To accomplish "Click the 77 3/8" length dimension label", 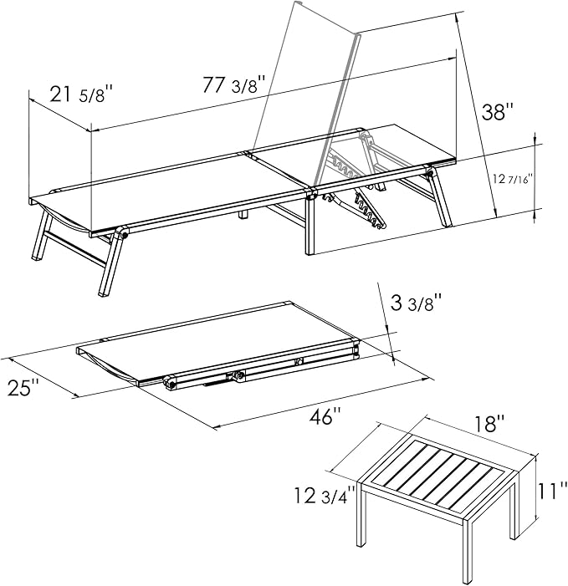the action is pyautogui.click(x=234, y=84).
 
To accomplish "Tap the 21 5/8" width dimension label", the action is pyautogui.click(x=81, y=94).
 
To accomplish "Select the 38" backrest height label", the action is pyautogui.click(x=498, y=112).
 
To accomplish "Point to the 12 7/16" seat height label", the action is pyautogui.click(x=512, y=180).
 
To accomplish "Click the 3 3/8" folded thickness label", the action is pyautogui.click(x=417, y=303).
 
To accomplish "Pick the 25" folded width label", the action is pyautogui.click(x=23, y=388).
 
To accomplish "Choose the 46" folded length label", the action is pyautogui.click(x=325, y=416).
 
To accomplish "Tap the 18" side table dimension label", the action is pyautogui.click(x=490, y=424).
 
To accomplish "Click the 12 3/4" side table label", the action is pyautogui.click(x=325, y=496).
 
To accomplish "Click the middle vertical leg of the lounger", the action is pyautogui.click(x=310, y=223).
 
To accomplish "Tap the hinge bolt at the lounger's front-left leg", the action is pyautogui.click(x=123, y=236).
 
